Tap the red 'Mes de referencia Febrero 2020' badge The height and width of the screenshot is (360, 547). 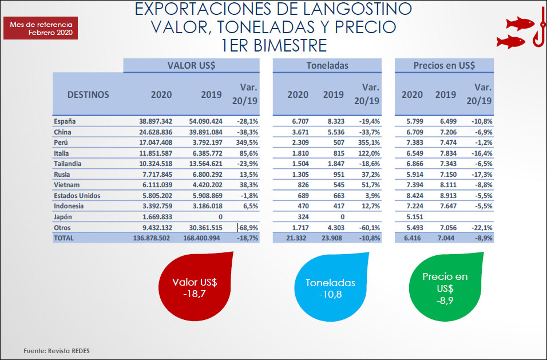pos(41,29)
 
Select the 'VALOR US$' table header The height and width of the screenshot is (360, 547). pos(191,65)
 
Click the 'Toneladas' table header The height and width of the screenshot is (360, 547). pos(326,65)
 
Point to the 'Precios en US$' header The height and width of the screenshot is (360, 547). pos(444,65)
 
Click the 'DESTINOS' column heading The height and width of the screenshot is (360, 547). pos(88,94)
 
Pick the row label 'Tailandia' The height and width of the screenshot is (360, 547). pos(68,164)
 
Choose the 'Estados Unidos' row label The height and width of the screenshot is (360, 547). pos(77,196)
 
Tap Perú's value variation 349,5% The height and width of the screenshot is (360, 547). pos(247,143)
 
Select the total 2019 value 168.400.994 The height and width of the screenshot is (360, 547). pos(207,238)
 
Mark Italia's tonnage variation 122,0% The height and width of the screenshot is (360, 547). pos(368,153)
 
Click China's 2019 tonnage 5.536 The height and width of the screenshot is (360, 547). pos(333,132)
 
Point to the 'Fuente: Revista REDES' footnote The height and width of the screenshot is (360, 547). pos(57,350)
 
